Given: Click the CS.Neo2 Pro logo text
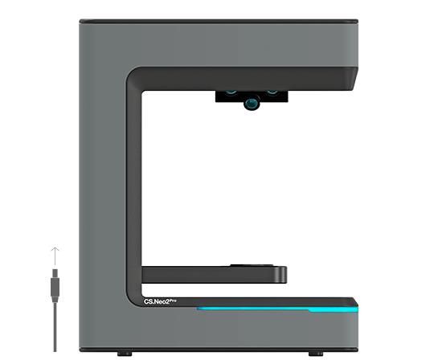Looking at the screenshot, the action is (x=160, y=301).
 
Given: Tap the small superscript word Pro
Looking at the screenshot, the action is (x=173, y=301).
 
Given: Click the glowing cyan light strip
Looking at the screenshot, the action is (x=277, y=309).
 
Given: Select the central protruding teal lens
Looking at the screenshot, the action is (x=252, y=103).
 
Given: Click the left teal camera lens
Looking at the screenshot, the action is (x=231, y=92).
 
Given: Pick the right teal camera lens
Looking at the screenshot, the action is (x=272, y=92).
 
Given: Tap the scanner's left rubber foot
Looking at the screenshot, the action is (x=125, y=354).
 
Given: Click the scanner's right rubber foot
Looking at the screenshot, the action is (x=316, y=354).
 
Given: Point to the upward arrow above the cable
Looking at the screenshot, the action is (x=55, y=256).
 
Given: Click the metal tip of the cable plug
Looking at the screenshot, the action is (x=55, y=273).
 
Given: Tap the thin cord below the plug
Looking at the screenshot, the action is (x=55, y=327).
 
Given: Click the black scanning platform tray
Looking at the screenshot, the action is (x=214, y=275).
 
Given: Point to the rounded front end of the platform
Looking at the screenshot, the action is (x=281, y=275).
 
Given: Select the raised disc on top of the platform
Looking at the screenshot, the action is (x=252, y=265).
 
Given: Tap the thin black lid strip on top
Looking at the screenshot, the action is (x=219, y=21).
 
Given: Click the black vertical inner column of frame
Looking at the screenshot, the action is (x=133, y=184).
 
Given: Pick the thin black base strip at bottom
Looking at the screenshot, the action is (x=219, y=350).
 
